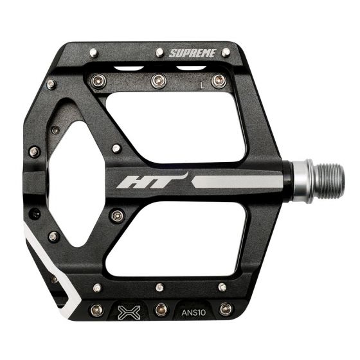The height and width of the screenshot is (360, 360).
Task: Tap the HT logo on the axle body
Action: [152, 180]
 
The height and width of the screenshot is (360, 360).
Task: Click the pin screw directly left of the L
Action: [157, 80]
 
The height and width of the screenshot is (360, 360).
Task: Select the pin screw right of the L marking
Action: [219, 80]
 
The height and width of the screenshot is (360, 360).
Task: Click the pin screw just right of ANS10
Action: [224, 309]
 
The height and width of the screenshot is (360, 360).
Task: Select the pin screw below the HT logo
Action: [116, 216]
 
